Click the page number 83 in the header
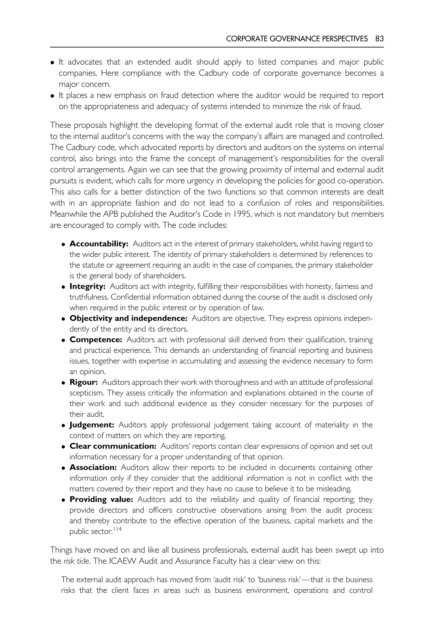click(x=379, y=39)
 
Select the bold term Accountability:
click(x=99, y=244)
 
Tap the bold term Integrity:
click(x=87, y=286)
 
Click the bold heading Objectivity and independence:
click(x=128, y=318)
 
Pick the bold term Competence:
click(x=96, y=340)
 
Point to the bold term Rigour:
click(x=83, y=382)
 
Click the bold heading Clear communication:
click(x=113, y=446)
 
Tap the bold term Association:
click(x=93, y=468)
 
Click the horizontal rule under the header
click(x=217, y=47)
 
